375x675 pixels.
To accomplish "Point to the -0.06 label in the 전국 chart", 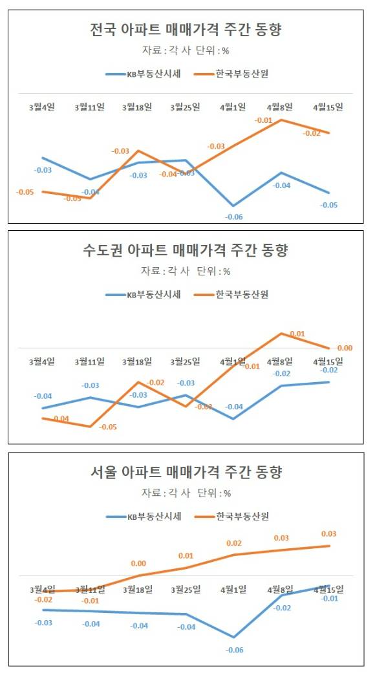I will click(x=233, y=217).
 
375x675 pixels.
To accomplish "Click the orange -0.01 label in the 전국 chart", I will click(x=263, y=120).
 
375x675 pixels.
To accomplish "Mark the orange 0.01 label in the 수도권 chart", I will click(x=297, y=334).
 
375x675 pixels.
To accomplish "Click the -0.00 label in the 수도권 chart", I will click(x=345, y=348).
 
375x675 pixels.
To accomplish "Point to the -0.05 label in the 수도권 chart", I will click(x=107, y=427).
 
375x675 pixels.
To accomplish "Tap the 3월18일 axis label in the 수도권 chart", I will click(x=137, y=361).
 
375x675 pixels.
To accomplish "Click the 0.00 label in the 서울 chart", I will click(x=138, y=563).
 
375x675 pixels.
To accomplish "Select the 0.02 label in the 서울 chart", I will click(x=233, y=543).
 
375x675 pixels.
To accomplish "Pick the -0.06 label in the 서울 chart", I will click(x=233, y=649).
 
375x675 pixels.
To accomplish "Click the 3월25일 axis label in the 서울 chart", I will click(x=185, y=589).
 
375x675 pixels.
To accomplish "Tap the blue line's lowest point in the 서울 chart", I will click(x=233, y=637).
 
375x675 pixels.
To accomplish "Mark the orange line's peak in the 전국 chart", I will click(x=281, y=120).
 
